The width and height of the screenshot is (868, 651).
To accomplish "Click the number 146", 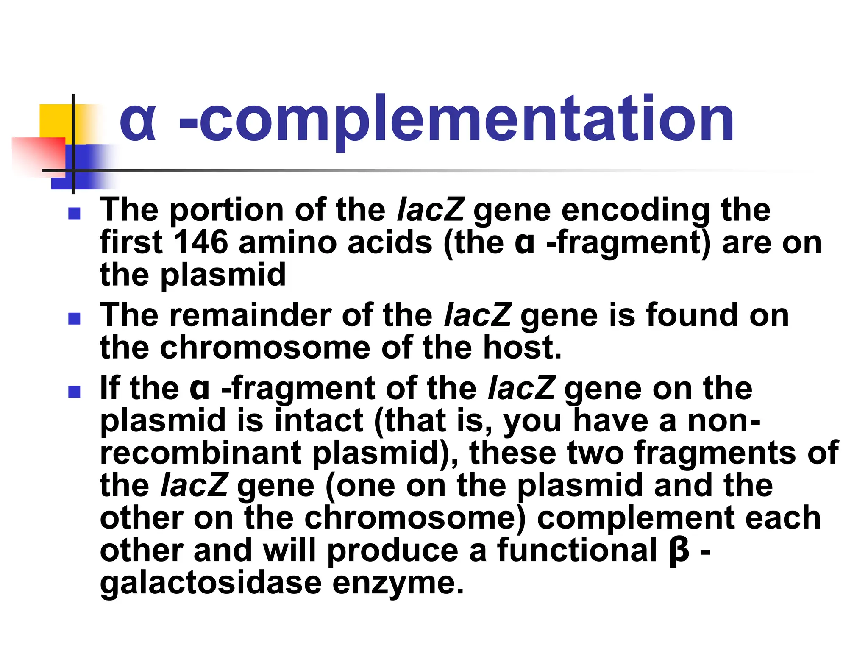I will click(201, 242).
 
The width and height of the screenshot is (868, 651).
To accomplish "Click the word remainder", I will click(251, 315).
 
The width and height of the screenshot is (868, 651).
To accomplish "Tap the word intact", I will click(319, 420).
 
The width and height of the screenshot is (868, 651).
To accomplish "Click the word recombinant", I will click(200, 453).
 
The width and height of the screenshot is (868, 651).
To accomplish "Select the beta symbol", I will click(679, 551).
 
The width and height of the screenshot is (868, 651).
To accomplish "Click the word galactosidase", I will click(211, 583).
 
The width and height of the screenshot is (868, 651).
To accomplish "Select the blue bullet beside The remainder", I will click(74, 319).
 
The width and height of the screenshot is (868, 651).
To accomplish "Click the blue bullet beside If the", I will click(74, 391).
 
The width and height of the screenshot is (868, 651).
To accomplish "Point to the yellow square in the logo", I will click(55, 121).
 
